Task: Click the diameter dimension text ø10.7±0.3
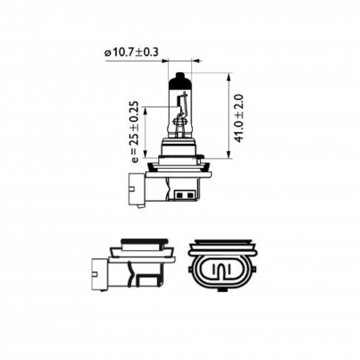point(132,53)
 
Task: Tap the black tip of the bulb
point(181,80)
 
